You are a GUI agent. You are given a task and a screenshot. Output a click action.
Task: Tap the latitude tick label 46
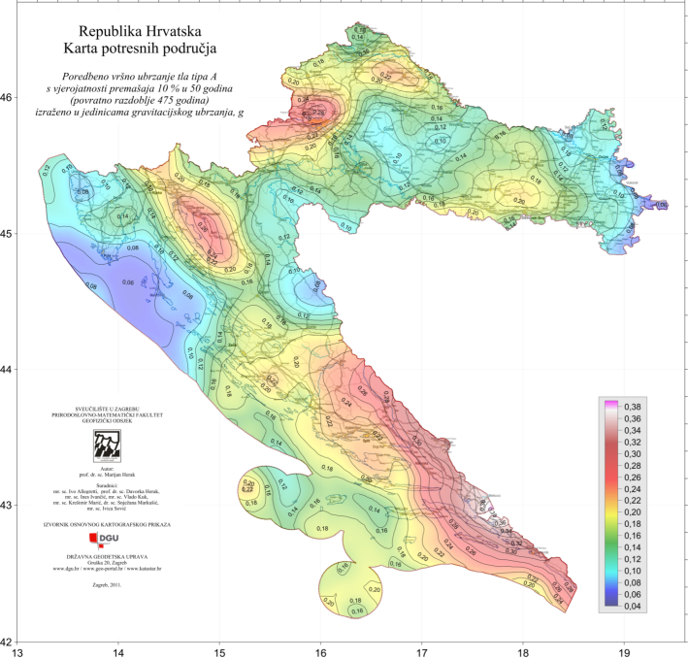coord(7,98)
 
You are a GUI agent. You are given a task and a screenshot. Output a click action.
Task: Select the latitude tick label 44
coord(7,370)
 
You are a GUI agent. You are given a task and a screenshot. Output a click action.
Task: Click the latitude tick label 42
coord(7,642)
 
